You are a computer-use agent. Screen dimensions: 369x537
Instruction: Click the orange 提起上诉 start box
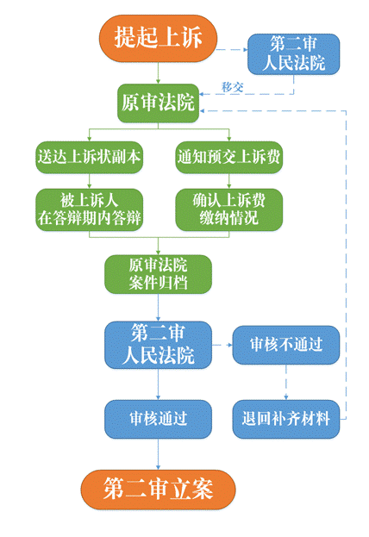pos(158,38)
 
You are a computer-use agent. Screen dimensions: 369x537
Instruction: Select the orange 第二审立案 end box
pos(158,490)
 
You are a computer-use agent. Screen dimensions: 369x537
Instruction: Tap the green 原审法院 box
pos(158,103)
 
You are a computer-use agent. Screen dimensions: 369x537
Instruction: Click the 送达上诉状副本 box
pos(89,157)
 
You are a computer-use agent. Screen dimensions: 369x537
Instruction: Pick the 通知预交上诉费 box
pos(228,157)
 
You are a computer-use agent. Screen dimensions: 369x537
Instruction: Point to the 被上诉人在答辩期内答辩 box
pos(89,209)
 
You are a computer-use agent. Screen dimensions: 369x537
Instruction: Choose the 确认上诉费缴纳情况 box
pos(228,209)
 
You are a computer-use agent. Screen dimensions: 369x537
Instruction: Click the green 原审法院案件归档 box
pos(158,274)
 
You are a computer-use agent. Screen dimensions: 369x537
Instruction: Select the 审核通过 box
pos(158,419)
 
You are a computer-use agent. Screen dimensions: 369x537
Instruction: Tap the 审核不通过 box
pos(286,345)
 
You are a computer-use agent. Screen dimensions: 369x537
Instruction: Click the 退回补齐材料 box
pos(286,419)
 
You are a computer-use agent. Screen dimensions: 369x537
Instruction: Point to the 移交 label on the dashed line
pos(232,87)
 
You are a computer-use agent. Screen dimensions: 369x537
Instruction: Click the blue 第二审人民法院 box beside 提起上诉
pos(294,54)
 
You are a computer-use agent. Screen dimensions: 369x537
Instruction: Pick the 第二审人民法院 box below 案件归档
pos(158,345)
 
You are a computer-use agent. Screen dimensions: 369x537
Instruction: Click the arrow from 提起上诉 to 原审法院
pos(158,73)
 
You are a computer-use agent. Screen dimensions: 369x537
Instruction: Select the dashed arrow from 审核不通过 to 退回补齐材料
pos(286,382)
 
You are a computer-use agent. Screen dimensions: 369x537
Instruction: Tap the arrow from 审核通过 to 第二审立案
pos(158,454)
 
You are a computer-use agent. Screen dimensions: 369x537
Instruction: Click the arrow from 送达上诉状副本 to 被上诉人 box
pos(89,181)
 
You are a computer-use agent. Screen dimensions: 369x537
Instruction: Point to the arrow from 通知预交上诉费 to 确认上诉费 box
pos(228,181)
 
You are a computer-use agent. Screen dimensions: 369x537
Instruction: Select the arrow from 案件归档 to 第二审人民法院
pos(158,308)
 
